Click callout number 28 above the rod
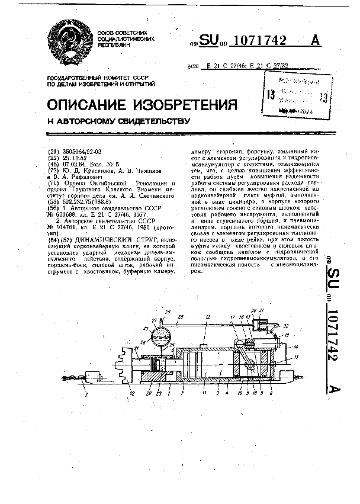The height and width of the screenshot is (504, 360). point(180,316)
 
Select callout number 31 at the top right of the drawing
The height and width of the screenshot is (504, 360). point(262,310)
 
